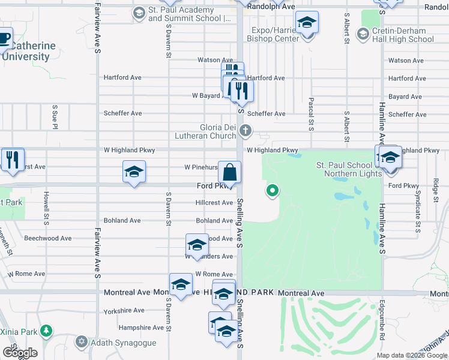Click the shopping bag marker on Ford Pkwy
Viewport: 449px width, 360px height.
[x=230, y=173]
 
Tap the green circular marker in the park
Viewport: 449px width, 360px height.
[x=273, y=191]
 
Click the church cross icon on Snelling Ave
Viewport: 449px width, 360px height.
[x=245, y=130]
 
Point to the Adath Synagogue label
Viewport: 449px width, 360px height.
[x=124, y=343]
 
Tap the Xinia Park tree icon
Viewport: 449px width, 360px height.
[x=46, y=331]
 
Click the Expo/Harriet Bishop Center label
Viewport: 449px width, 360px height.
[x=275, y=34]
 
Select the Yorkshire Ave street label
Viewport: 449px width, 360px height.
[x=124, y=311]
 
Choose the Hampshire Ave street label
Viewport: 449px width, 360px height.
[x=141, y=328]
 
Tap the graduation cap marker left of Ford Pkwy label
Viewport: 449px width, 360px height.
[x=134, y=173]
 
